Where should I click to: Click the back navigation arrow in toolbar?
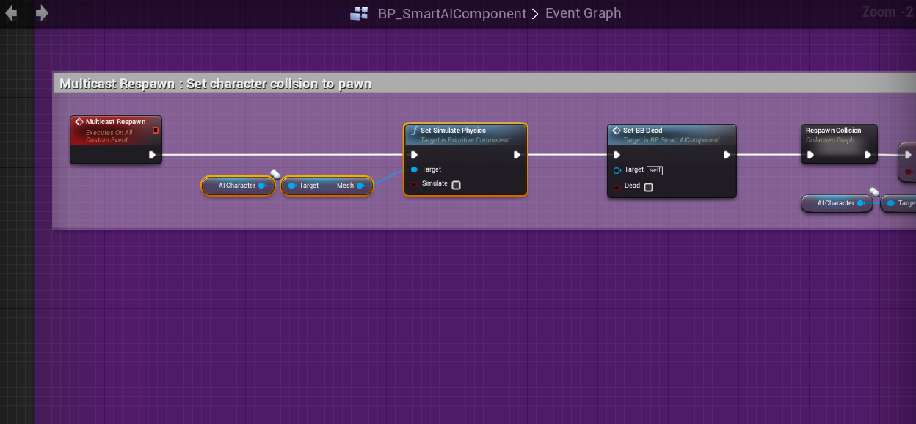[11, 13]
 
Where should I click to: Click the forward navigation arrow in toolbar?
[42, 13]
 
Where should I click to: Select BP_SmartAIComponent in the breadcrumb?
[451, 13]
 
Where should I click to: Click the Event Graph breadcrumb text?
[583, 13]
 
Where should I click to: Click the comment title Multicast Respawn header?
[215, 84]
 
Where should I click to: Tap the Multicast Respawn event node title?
[115, 122]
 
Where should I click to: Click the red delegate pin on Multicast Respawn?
[155, 131]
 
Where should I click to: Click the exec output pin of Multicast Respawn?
[152, 155]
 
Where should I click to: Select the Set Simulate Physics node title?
[453, 131]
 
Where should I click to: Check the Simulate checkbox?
[456, 185]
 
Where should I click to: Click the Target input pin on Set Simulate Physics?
[415, 169]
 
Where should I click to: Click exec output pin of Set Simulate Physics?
[517, 155]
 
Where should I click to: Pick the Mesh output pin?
[360, 186]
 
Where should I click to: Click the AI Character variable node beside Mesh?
[237, 186]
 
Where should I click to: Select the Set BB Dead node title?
[642, 131]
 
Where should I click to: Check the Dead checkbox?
[648, 187]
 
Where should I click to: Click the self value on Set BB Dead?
[655, 170]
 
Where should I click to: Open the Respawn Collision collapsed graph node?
[833, 131]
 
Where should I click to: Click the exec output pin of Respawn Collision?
[868, 155]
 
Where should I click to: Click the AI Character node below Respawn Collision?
[836, 203]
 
